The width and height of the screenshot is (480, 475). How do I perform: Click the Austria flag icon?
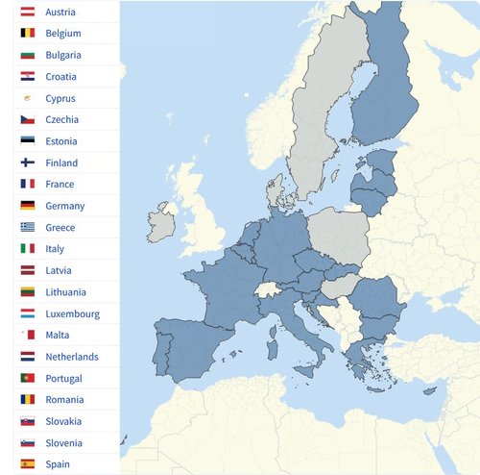[27, 12]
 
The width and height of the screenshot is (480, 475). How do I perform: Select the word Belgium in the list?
[63, 34]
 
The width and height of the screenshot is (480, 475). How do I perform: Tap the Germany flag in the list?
[27, 206]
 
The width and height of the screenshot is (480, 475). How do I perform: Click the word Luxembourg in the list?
[72, 313]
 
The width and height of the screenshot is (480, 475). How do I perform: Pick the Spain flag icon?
[27, 464]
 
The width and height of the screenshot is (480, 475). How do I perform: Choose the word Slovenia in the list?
[63, 443]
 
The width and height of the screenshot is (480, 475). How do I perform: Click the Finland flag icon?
[27, 163]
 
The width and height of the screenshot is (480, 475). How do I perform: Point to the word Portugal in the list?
[64, 379]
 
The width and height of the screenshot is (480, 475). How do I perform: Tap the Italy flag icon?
[27, 249]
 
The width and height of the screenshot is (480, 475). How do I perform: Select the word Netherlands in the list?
[71, 357]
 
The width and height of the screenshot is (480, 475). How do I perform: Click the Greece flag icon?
[27, 228]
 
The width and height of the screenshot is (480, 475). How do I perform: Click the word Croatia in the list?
[61, 77]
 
